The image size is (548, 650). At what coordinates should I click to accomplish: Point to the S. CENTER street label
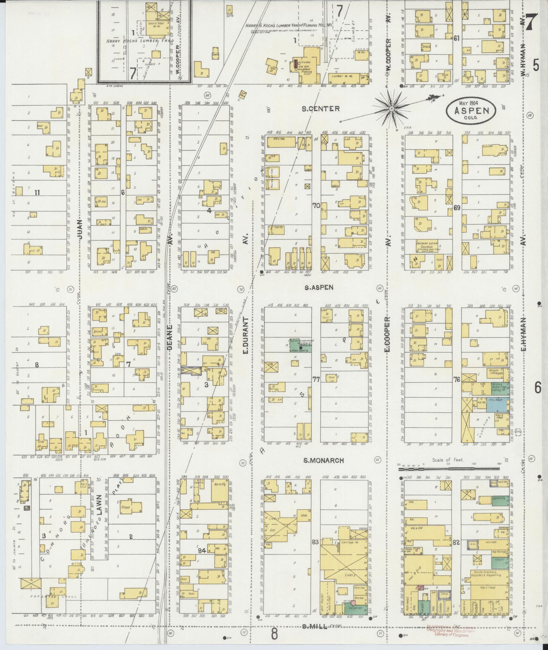tap(320, 109)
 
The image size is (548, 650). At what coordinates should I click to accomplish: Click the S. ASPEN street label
tap(318, 287)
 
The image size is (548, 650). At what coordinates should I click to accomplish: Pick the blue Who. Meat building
tap(497, 405)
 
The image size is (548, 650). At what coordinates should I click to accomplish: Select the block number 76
tap(456, 379)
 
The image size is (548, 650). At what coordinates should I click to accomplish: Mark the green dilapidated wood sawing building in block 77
tap(300, 345)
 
